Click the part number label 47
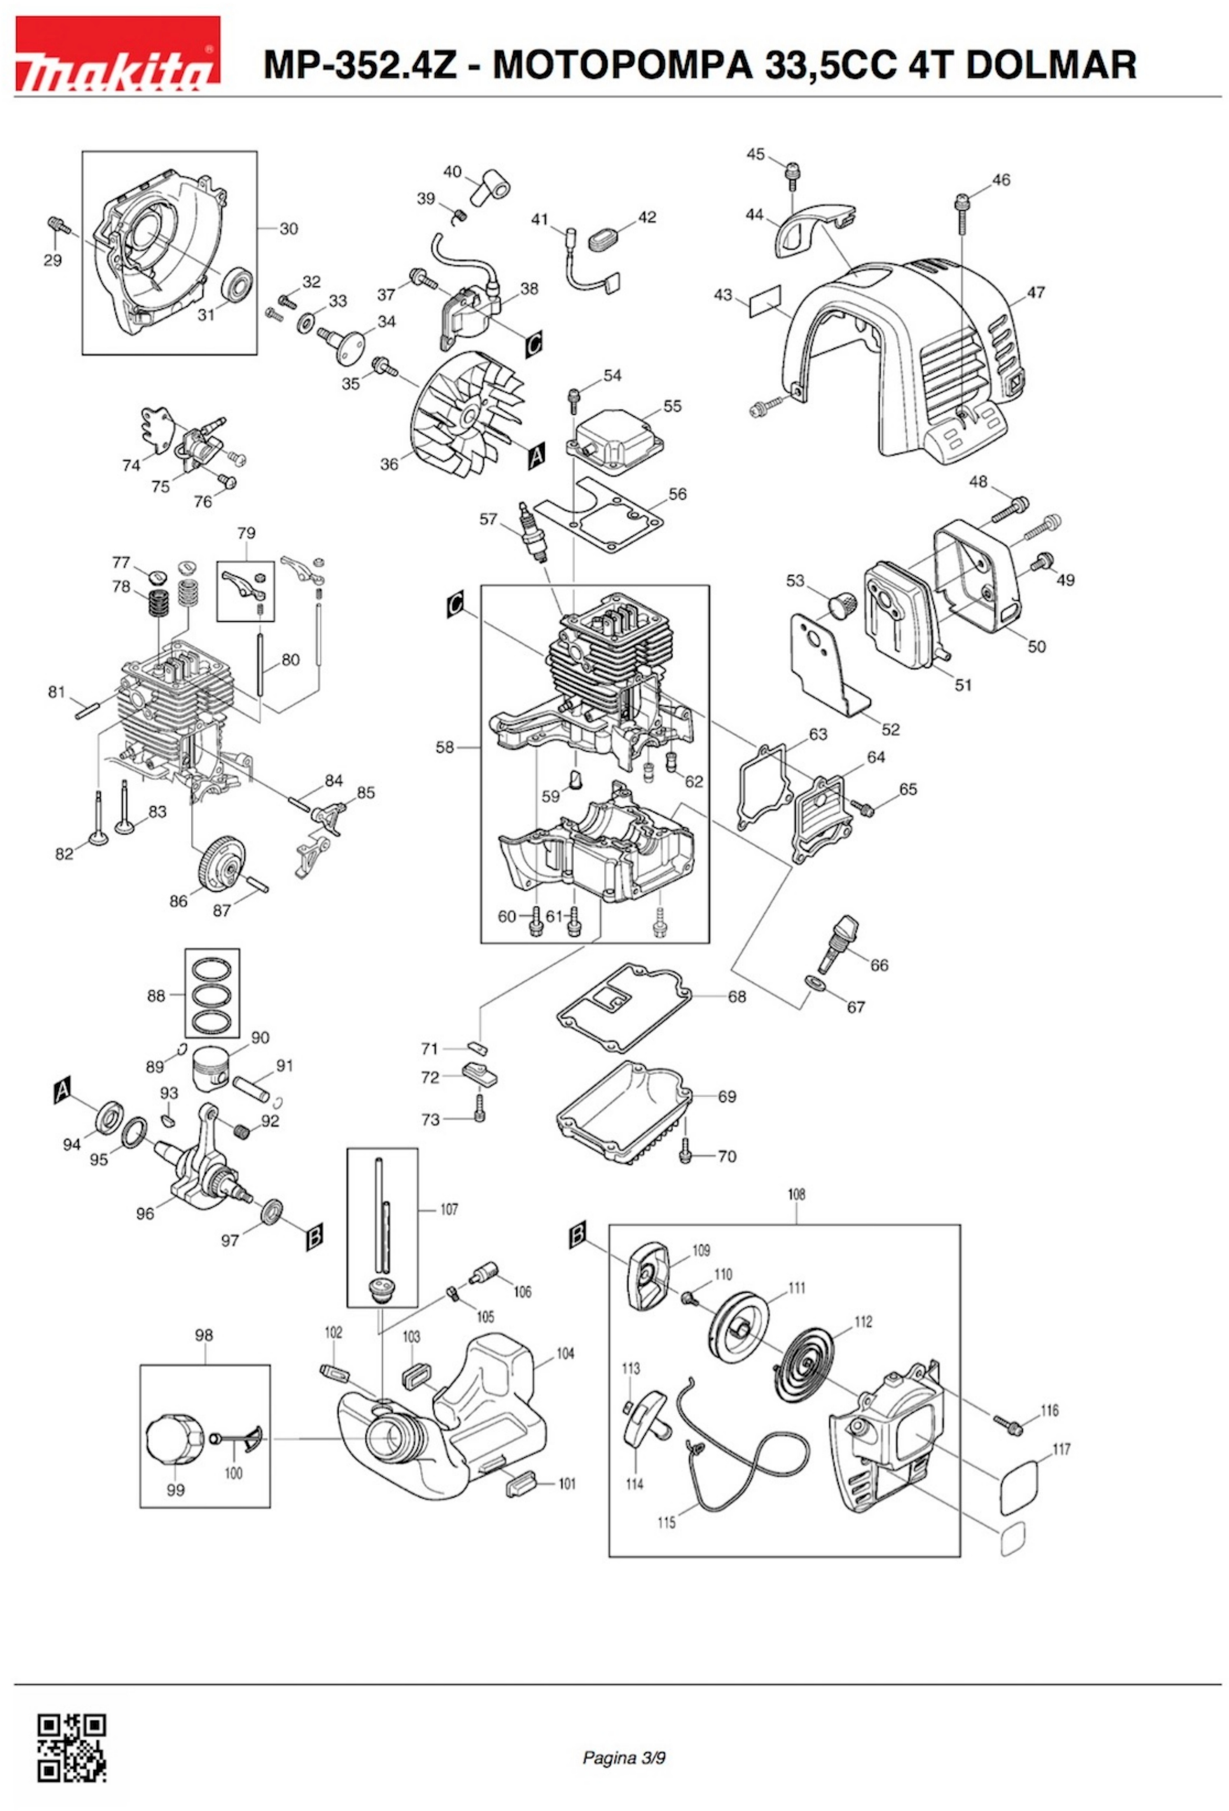[1035, 293]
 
